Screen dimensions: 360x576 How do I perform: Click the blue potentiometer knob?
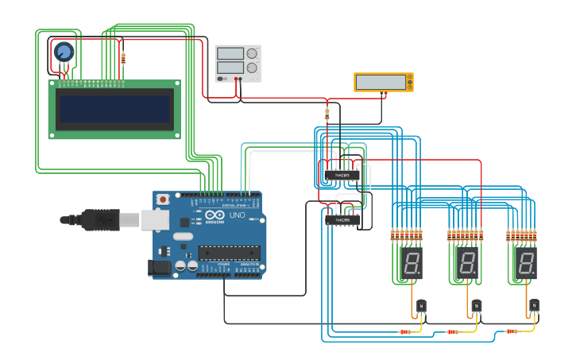coord(64,52)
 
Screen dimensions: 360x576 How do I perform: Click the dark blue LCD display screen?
coord(115,109)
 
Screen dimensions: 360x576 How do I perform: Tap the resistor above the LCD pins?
coord(123,58)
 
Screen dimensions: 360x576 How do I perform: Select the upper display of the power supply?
coord(230,53)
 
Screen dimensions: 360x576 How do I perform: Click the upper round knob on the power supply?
coord(253,54)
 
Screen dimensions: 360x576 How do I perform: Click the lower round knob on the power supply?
coord(253,68)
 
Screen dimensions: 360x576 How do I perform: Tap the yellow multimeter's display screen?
coord(381,82)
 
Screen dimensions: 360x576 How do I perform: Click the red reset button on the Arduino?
coord(163,199)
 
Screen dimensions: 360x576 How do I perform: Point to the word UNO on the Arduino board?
coord(237,215)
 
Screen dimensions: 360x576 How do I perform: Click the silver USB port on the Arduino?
coord(155,219)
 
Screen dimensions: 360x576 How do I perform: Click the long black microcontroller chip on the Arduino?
coord(229,253)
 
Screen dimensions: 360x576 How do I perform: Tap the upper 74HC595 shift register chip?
coord(341,175)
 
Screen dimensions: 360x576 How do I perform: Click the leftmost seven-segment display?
coord(411,263)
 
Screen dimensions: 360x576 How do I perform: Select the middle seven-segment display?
coord(467,263)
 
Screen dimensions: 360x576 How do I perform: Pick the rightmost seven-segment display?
coord(525,263)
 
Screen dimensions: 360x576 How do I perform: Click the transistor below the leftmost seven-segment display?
coord(421,306)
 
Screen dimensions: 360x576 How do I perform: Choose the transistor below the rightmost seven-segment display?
coord(534,306)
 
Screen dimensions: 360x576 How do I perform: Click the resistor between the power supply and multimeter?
coord(327,114)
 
